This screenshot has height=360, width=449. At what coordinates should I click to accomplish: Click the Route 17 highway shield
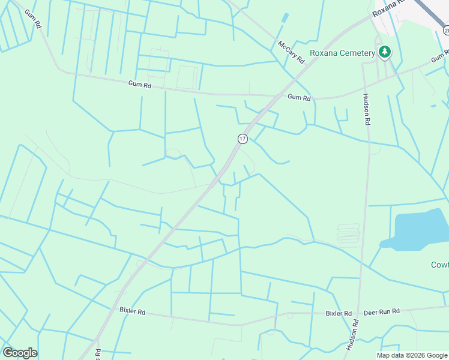[242, 139]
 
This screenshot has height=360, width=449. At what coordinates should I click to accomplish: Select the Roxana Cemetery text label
[342, 53]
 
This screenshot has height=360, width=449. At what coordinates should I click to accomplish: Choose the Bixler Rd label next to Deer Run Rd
[339, 313]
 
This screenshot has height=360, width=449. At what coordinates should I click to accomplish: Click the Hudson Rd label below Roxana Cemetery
[367, 109]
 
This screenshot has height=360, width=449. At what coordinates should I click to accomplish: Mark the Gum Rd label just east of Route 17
[299, 97]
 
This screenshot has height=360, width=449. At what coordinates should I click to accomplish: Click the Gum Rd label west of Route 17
[139, 86]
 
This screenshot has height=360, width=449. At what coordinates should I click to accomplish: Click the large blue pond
[418, 229]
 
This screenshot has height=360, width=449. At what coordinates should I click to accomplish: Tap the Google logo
[20, 353]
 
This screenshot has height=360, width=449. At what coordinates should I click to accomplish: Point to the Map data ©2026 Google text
[411, 355]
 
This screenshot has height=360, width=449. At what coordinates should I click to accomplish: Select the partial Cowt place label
[439, 265]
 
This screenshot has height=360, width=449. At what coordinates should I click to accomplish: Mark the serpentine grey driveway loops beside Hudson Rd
[349, 233]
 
